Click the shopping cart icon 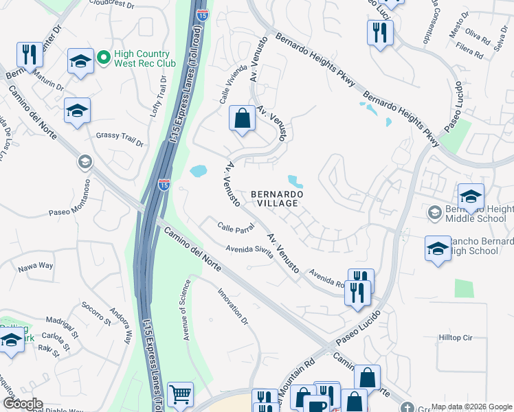[x=181, y=395]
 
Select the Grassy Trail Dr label [x=120, y=139]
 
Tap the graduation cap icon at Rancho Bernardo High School [x=438, y=249]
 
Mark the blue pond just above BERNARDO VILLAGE [x=295, y=181]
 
